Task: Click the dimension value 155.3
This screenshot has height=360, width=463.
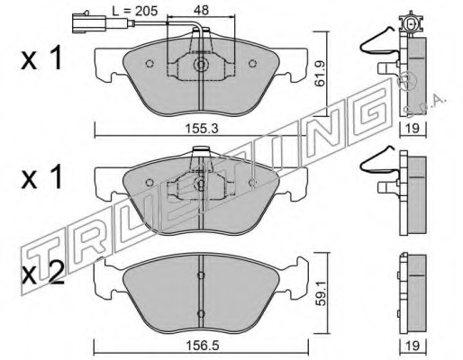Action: point(202,129)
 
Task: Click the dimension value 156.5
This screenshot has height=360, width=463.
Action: point(202,346)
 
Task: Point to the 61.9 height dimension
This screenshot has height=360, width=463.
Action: point(320,74)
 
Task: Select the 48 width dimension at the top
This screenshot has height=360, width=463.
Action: point(201,10)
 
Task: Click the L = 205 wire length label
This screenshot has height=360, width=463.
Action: point(134,11)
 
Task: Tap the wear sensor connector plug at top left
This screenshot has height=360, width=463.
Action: point(89,23)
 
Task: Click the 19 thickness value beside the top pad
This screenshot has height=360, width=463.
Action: point(413,129)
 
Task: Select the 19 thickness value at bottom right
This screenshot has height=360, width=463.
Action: point(413,346)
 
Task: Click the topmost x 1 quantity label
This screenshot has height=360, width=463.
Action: point(41,58)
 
